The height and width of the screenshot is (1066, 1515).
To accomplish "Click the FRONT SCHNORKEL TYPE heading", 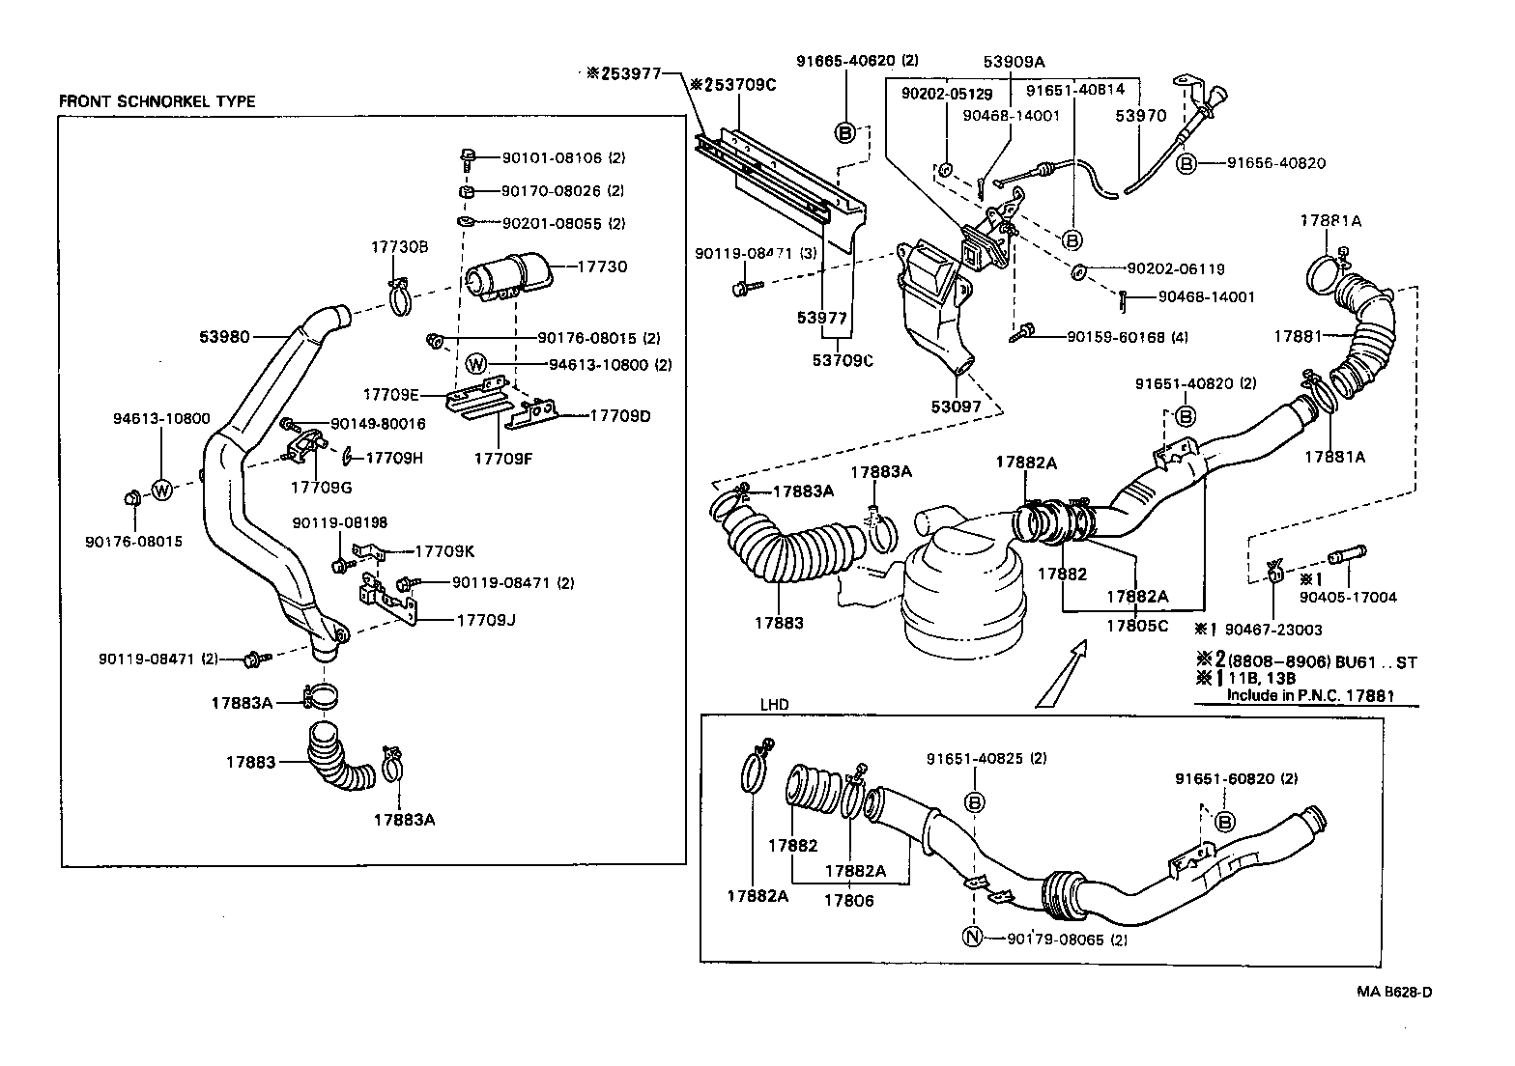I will pos(157,101).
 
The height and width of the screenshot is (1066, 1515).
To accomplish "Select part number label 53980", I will pos(225,337).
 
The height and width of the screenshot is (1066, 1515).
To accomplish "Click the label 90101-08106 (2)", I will pos(563,156).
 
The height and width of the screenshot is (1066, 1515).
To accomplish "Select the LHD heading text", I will pos(774,705).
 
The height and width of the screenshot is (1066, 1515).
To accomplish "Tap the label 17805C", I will pos(1136,625).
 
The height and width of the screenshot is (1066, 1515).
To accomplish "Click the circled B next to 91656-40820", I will pos(1186,163).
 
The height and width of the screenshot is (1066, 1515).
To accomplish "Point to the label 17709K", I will pos(444,551).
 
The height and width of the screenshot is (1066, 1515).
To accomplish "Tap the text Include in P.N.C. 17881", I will pos(1309,694).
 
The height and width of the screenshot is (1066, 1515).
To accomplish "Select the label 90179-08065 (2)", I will pos(1067,939).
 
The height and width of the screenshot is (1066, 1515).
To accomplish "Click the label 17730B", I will pos(399,247).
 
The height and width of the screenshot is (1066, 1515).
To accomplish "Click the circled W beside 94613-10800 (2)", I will pos(476,364).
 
